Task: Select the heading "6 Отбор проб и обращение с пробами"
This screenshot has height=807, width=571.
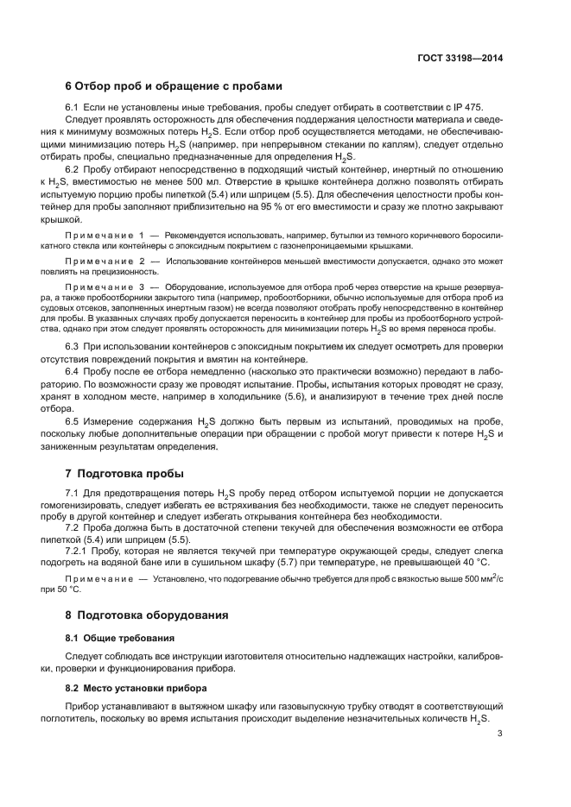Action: (173, 85)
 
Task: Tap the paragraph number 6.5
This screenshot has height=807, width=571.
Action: (74, 420)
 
